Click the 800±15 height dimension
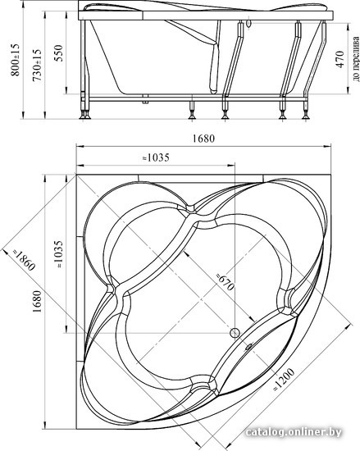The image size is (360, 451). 15,60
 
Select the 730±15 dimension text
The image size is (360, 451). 37,66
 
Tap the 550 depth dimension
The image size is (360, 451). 59,53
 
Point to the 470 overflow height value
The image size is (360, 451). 339,59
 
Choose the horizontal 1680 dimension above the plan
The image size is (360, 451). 203,139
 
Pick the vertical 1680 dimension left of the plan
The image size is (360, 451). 37,301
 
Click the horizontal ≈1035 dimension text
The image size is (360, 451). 157,157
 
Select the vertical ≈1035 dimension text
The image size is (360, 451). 59,254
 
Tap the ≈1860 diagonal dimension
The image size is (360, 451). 24,260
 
